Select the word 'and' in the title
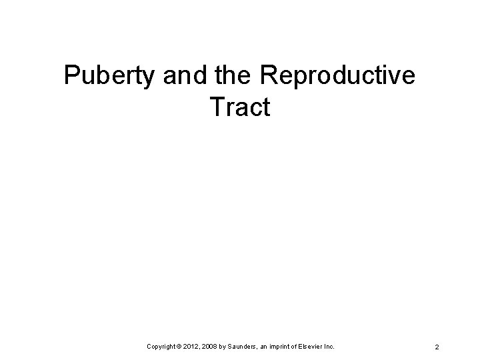(x=180, y=77)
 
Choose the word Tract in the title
(x=240, y=107)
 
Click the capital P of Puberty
(x=71, y=77)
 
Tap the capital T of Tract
(x=217, y=107)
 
